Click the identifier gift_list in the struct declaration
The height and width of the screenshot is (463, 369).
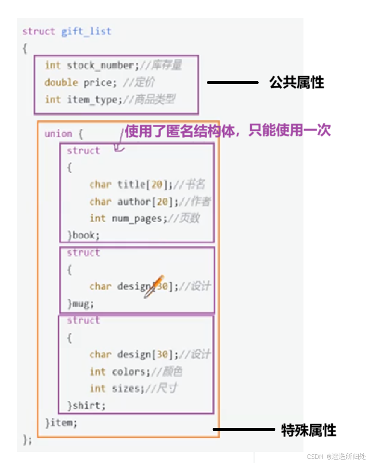tap(86, 32)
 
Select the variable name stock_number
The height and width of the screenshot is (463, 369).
tap(100, 66)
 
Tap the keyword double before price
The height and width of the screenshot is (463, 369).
tap(61, 83)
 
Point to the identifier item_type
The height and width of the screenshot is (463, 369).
tap(91, 100)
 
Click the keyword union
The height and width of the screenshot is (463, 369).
tap(59, 134)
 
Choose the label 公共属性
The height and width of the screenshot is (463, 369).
tap(297, 83)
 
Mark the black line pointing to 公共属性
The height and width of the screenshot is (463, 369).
tap(232, 83)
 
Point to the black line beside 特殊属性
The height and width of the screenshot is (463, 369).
tap(244, 429)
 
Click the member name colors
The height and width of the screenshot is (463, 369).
tap(127, 372)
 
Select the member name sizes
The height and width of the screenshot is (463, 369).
tap(125, 388)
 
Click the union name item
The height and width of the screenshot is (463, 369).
tap(63, 423)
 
